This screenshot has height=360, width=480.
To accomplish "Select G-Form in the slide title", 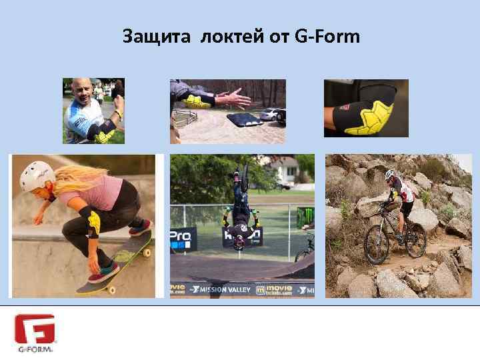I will tap(326, 37).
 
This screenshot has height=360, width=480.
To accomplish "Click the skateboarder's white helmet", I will tap(36, 175).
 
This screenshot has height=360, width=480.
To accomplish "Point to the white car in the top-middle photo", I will tap(270, 114).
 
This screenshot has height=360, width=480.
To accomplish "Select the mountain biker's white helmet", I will tap(390, 174).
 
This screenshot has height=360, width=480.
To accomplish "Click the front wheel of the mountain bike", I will tap(377, 247).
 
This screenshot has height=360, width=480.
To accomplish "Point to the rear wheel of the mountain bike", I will tap(415, 241).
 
